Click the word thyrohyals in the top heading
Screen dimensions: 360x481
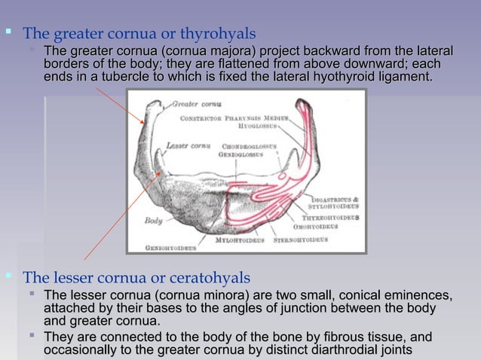[x=225, y=34]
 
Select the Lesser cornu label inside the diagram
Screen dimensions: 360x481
[x=187, y=145]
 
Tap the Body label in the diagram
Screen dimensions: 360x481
[x=154, y=221]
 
